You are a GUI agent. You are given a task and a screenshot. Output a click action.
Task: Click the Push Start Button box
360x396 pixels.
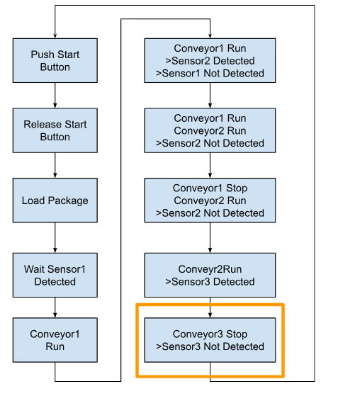(x=55, y=61)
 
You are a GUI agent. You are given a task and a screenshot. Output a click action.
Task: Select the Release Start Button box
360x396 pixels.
(x=55, y=130)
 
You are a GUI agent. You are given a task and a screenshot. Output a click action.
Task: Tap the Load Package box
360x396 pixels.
(x=55, y=200)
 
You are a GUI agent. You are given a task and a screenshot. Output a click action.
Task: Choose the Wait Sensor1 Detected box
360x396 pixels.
(x=55, y=275)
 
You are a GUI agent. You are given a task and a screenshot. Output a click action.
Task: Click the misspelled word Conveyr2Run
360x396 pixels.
(x=210, y=269)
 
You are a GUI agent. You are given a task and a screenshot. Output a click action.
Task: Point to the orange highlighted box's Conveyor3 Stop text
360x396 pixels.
(x=210, y=334)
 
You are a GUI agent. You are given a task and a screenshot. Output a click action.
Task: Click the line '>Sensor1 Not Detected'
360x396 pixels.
(x=210, y=73)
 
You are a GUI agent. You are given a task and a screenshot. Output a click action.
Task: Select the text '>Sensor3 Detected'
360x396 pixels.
(x=210, y=282)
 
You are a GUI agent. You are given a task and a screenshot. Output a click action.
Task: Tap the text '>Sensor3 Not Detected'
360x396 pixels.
(x=210, y=346)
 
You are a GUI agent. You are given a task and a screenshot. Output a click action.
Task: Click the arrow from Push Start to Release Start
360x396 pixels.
(x=55, y=96)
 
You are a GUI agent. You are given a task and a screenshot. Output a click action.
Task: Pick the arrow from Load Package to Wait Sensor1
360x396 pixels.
(x=55, y=237)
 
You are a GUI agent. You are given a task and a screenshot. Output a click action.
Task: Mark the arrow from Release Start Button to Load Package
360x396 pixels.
(x=55, y=166)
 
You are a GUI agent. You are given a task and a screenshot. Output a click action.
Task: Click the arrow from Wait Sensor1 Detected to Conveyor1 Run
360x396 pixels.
(x=55, y=307)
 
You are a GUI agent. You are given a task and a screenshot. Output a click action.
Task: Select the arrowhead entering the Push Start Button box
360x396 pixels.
(x=55, y=36)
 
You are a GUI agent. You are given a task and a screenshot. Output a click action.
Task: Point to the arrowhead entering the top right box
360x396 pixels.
(x=210, y=36)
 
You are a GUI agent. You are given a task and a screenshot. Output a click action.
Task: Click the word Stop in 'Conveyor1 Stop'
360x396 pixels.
(x=237, y=188)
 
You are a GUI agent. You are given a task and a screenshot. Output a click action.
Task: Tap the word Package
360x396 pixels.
(x=68, y=200)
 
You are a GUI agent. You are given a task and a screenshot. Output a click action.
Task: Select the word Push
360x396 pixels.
(x=39, y=55)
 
